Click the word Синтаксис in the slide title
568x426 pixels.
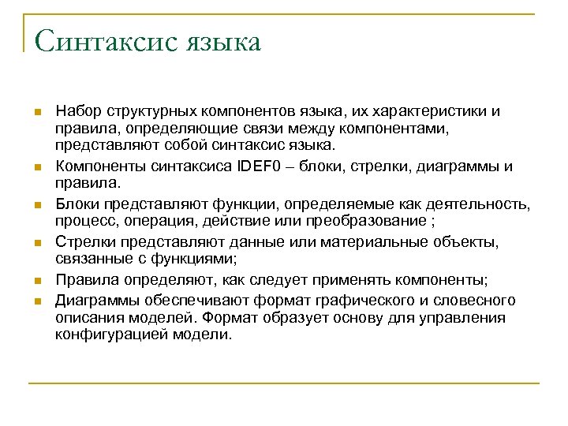click(x=103, y=42)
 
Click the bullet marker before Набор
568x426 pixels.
click(x=36, y=113)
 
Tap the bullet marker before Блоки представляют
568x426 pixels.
click(x=36, y=205)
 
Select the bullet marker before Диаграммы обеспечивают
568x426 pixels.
click(x=36, y=301)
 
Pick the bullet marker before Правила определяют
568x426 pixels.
click(x=36, y=282)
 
